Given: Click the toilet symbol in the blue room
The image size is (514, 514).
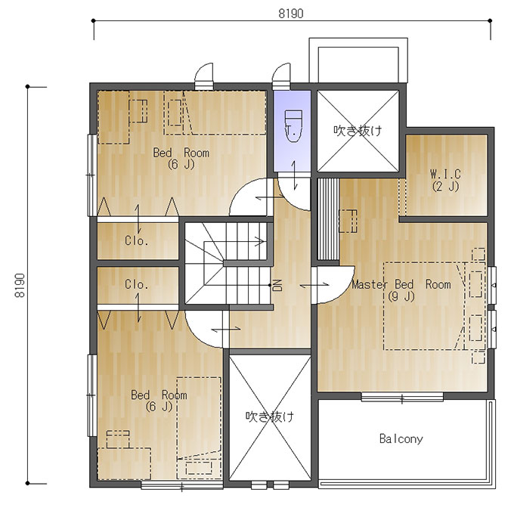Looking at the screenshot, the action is tap(293, 126).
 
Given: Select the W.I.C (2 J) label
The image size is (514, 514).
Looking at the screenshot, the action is tap(445, 180).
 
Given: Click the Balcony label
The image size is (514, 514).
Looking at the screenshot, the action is tap(401, 438).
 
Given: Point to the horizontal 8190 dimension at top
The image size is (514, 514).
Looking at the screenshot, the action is tap(291, 14).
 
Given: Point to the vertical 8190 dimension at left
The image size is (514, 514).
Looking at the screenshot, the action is tap(20, 285).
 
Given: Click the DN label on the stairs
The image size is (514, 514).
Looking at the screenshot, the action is tap(277, 285).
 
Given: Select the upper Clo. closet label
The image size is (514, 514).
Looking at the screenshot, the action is tap(136, 241).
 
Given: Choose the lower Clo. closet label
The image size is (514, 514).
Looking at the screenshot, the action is tap(136, 284).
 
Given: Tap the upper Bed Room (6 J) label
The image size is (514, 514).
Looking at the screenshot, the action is tap(181, 158).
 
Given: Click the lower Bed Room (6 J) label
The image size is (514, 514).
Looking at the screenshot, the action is tap(159, 401).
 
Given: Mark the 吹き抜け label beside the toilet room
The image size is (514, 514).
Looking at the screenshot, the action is tap(358, 131).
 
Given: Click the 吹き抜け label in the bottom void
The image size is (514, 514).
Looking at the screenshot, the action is tap(270, 416).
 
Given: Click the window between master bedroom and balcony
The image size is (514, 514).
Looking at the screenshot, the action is tap(402, 397).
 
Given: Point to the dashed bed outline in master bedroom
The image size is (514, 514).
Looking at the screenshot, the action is tap(425, 306).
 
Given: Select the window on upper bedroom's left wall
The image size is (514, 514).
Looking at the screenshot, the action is tap(91, 175).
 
